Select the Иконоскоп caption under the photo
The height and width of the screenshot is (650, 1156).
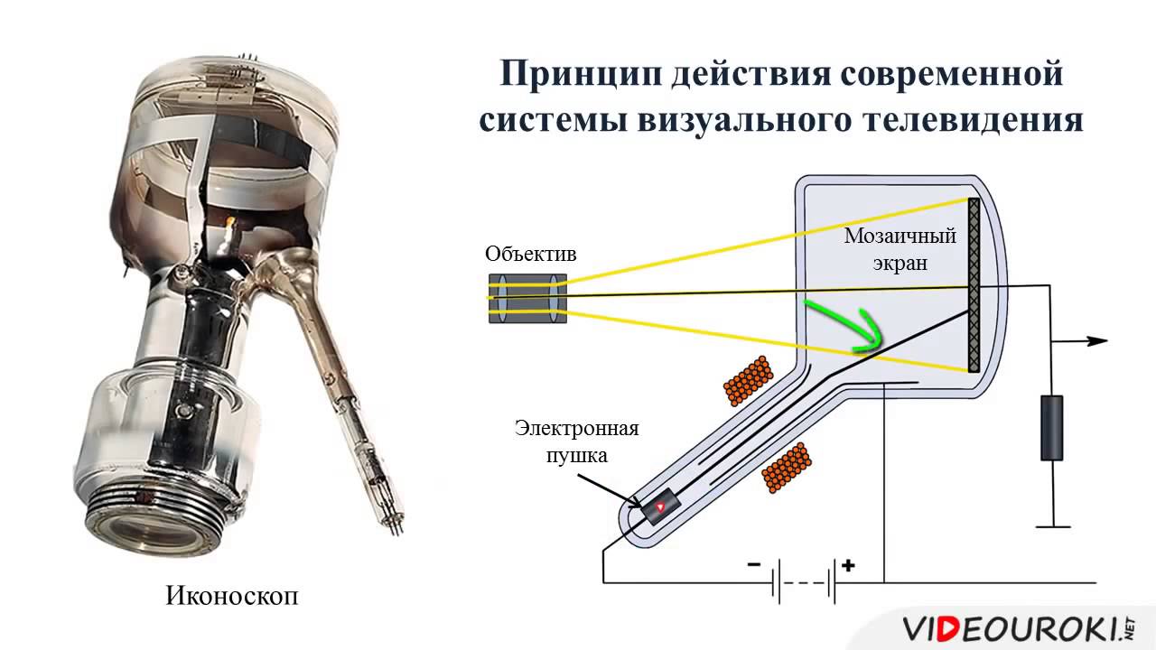point(231,597)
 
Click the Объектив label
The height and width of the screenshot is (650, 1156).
point(530,254)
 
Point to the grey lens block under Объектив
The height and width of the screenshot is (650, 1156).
point(527,298)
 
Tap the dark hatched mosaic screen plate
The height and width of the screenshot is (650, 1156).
point(974,285)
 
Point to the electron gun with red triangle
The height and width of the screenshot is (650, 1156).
point(660,507)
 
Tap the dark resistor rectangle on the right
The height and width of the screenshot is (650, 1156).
point(1050,428)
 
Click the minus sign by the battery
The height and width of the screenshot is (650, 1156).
point(753,566)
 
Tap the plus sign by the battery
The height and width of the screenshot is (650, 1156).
point(848,566)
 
